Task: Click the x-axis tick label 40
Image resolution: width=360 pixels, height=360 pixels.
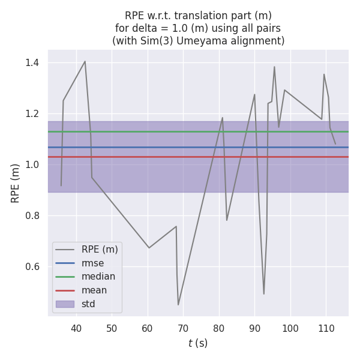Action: tap(76, 329)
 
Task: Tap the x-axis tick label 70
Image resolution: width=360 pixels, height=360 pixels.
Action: tap(183, 329)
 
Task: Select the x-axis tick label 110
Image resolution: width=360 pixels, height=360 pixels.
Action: tap(326, 329)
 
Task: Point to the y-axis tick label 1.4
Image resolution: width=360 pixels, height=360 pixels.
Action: tap(32, 62)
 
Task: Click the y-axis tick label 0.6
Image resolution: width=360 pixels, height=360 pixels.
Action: tap(32, 266)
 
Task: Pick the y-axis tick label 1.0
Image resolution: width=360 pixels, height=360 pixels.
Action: tap(32, 164)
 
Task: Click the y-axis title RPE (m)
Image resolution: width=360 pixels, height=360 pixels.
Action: tap(16, 182)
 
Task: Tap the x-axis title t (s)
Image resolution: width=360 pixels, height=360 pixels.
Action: tap(198, 343)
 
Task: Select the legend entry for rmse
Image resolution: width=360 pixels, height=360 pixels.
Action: tap(93, 263)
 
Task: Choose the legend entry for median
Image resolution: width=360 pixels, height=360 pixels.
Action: tap(98, 277)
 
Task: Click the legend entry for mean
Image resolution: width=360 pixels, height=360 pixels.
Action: tap(94, 290)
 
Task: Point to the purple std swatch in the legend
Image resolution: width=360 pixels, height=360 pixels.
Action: tap(65, 304)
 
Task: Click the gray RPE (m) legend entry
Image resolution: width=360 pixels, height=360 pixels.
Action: tap(100, 249)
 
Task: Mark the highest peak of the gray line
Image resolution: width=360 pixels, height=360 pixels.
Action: tap(85, 61)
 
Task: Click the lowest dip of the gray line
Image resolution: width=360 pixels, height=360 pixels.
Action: tap(178, 305)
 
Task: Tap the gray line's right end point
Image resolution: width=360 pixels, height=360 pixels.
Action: tap(335, 144)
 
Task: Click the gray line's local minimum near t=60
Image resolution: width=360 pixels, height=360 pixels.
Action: tap(149, 248)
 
